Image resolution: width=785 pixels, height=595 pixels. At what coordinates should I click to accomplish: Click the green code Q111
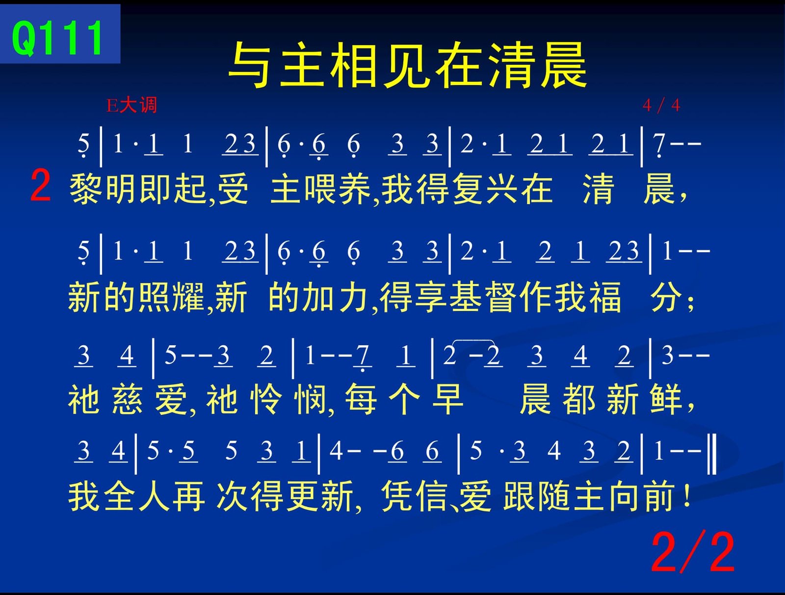coord(57,38)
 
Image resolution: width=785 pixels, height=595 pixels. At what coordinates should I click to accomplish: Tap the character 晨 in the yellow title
coord(564,65)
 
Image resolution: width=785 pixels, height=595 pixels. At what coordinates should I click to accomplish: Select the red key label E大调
coord(131,105)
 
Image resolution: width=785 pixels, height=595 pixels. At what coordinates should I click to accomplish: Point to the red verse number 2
coord(40,186)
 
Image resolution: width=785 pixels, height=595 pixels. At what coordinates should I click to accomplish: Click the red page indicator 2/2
coord(693,552)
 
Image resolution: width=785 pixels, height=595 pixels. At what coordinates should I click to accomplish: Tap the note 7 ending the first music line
coord(659,145)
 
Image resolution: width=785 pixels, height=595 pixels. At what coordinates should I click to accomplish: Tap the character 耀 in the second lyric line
coord(188,297)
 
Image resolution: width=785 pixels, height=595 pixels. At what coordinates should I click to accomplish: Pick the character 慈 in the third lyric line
coord(127,399)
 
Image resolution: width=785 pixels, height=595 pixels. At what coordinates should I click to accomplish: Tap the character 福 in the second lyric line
coord(605,297)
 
